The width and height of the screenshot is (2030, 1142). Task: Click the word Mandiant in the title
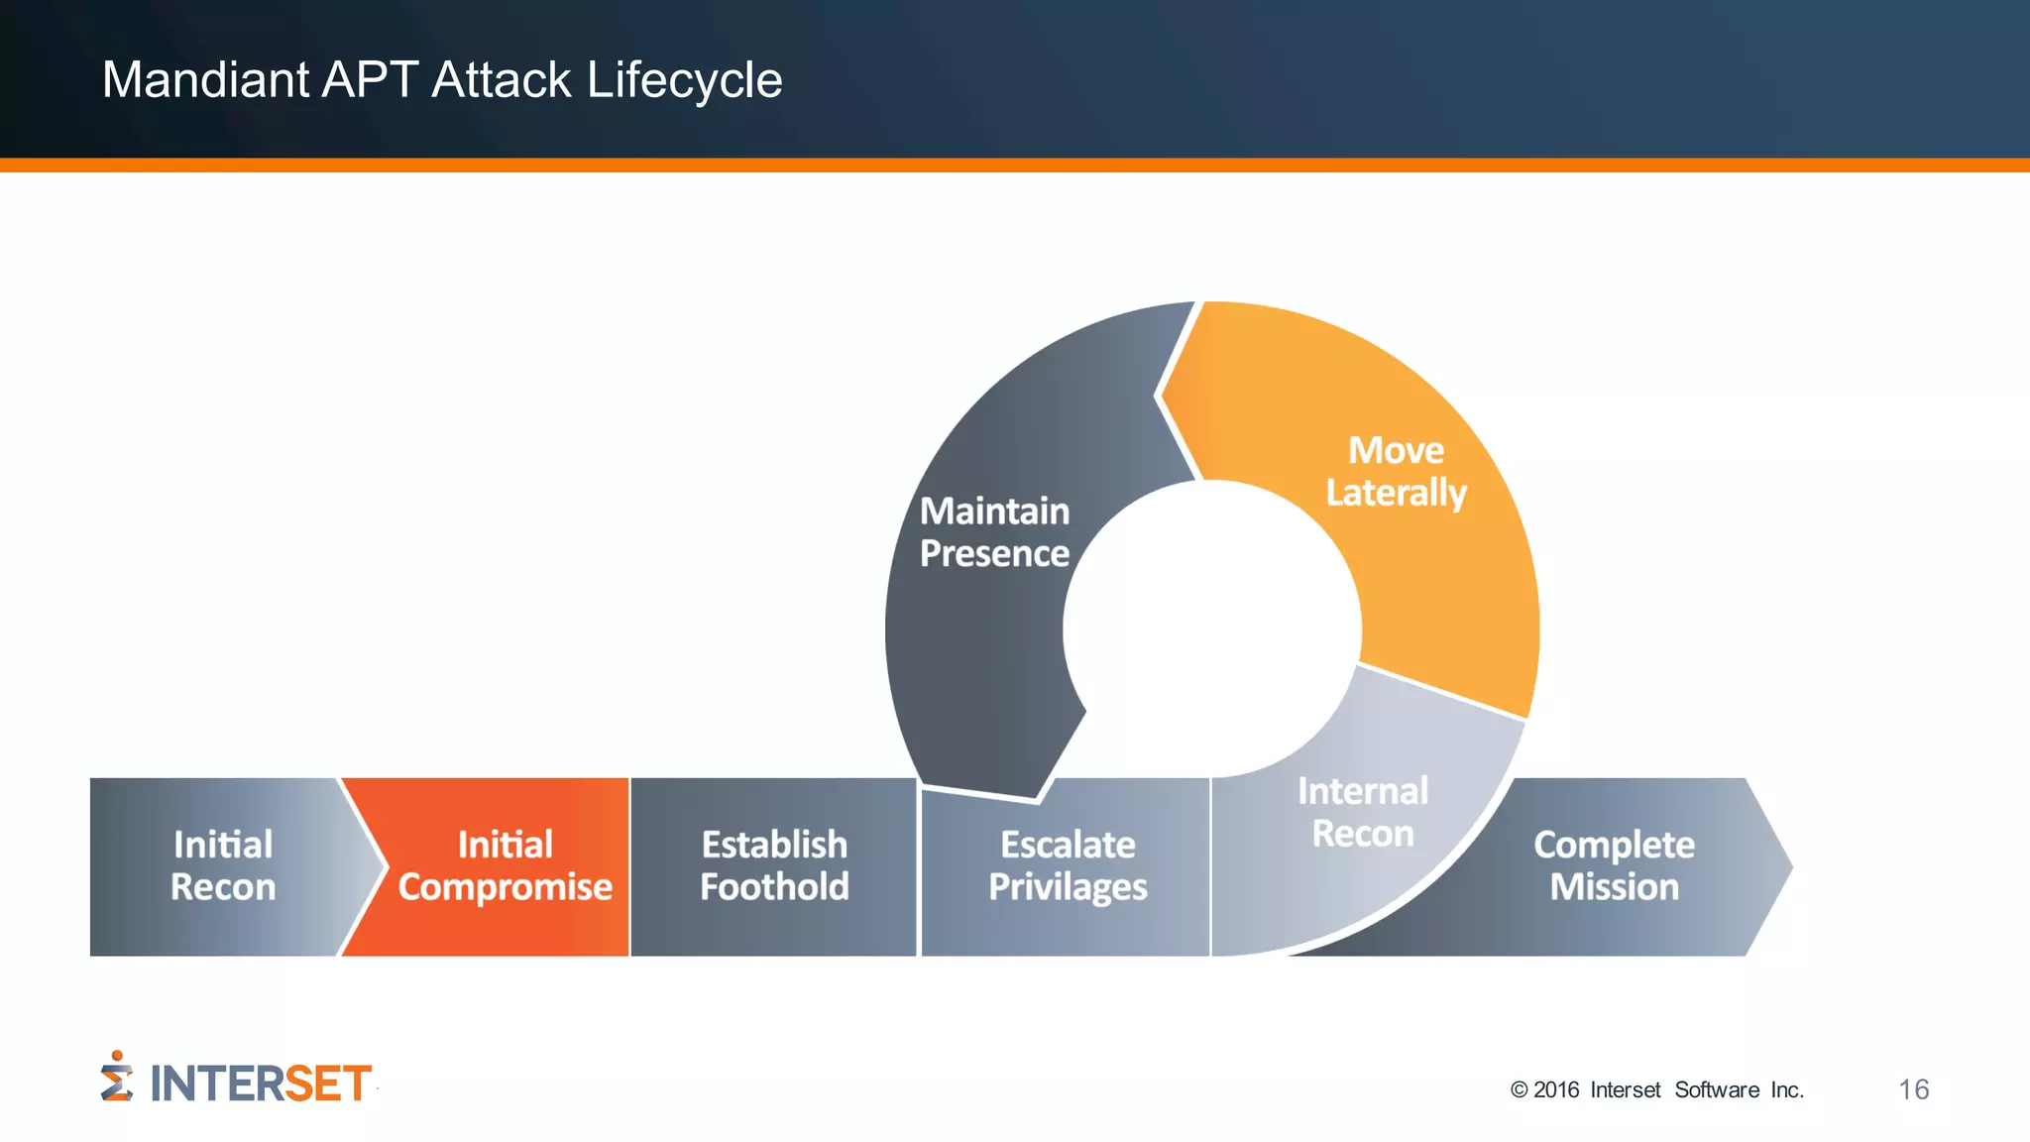[205, 80]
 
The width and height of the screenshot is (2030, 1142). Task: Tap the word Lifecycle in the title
[684, 80]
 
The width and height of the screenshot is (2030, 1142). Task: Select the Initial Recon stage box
[222, 866]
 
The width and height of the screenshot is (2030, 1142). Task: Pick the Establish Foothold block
[774, 866]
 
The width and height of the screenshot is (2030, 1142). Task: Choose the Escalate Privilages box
[1068, 866]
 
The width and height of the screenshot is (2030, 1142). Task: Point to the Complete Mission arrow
[1614, 866]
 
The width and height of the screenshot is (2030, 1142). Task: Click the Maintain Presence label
[994, 532]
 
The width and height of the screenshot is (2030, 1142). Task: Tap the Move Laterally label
[1396, 472]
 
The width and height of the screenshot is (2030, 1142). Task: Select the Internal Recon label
[1363, 813]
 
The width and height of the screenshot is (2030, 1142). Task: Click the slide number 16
[1913, 1089]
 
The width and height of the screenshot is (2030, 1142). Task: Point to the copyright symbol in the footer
[1519, 1090]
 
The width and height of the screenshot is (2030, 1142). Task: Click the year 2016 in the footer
[1556, 1090]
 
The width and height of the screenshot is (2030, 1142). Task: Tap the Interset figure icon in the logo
[116, 1078]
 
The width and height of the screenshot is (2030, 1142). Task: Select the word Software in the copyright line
[1717, 1090]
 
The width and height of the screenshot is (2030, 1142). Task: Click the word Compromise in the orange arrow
[505, 887]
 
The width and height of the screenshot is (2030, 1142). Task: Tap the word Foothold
[774, 887]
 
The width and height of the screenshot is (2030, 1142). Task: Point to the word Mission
[1614, 887]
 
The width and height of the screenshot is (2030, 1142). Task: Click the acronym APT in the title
[370, 80]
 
